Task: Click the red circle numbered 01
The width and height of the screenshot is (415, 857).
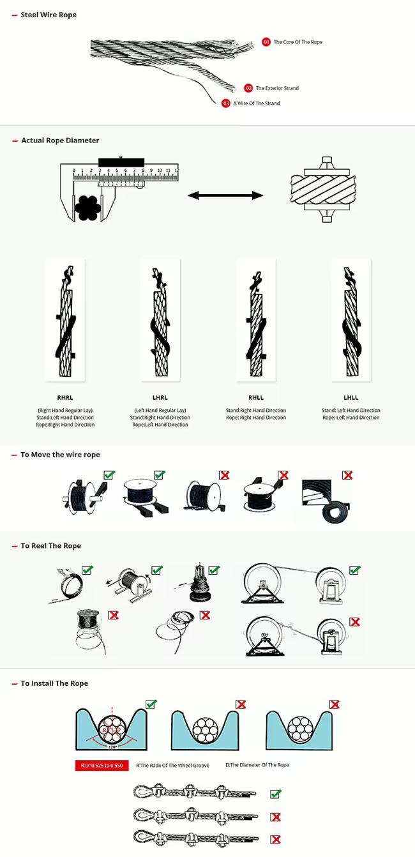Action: pos(266,42)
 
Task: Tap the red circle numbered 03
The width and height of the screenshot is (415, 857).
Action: pos(225,103)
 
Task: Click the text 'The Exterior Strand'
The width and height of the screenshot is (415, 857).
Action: pos(277,88)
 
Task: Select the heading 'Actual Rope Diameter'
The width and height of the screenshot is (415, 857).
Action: pos(60,140)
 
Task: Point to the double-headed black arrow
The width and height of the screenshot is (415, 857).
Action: pos(225,195)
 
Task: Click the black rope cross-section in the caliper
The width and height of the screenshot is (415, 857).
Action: pos(87,208)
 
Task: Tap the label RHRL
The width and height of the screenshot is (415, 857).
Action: pos(65,397)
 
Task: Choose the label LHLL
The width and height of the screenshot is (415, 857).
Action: pos(351,397)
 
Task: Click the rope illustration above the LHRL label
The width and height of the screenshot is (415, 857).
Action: pos(161,321)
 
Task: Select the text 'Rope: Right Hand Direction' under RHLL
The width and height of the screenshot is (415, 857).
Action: pos(256,418)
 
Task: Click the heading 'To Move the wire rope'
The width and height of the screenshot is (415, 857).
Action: pos(60,455)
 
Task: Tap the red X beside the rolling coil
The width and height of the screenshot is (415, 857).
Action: pos(347,474)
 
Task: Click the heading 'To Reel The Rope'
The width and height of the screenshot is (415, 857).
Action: pos(51,545)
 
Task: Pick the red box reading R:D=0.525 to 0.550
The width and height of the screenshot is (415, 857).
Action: pos(102,765)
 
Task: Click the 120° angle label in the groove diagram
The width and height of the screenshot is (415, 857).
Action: pos(113,747)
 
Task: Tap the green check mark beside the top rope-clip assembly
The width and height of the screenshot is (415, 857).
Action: pos(275,794)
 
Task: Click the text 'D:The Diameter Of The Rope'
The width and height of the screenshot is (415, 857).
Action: pos(257,765)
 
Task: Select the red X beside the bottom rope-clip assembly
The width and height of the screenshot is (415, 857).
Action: pos(275,839)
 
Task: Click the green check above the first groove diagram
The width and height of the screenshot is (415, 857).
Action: pos(151,704)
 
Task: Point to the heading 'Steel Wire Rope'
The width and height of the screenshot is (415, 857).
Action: pos(49,15)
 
